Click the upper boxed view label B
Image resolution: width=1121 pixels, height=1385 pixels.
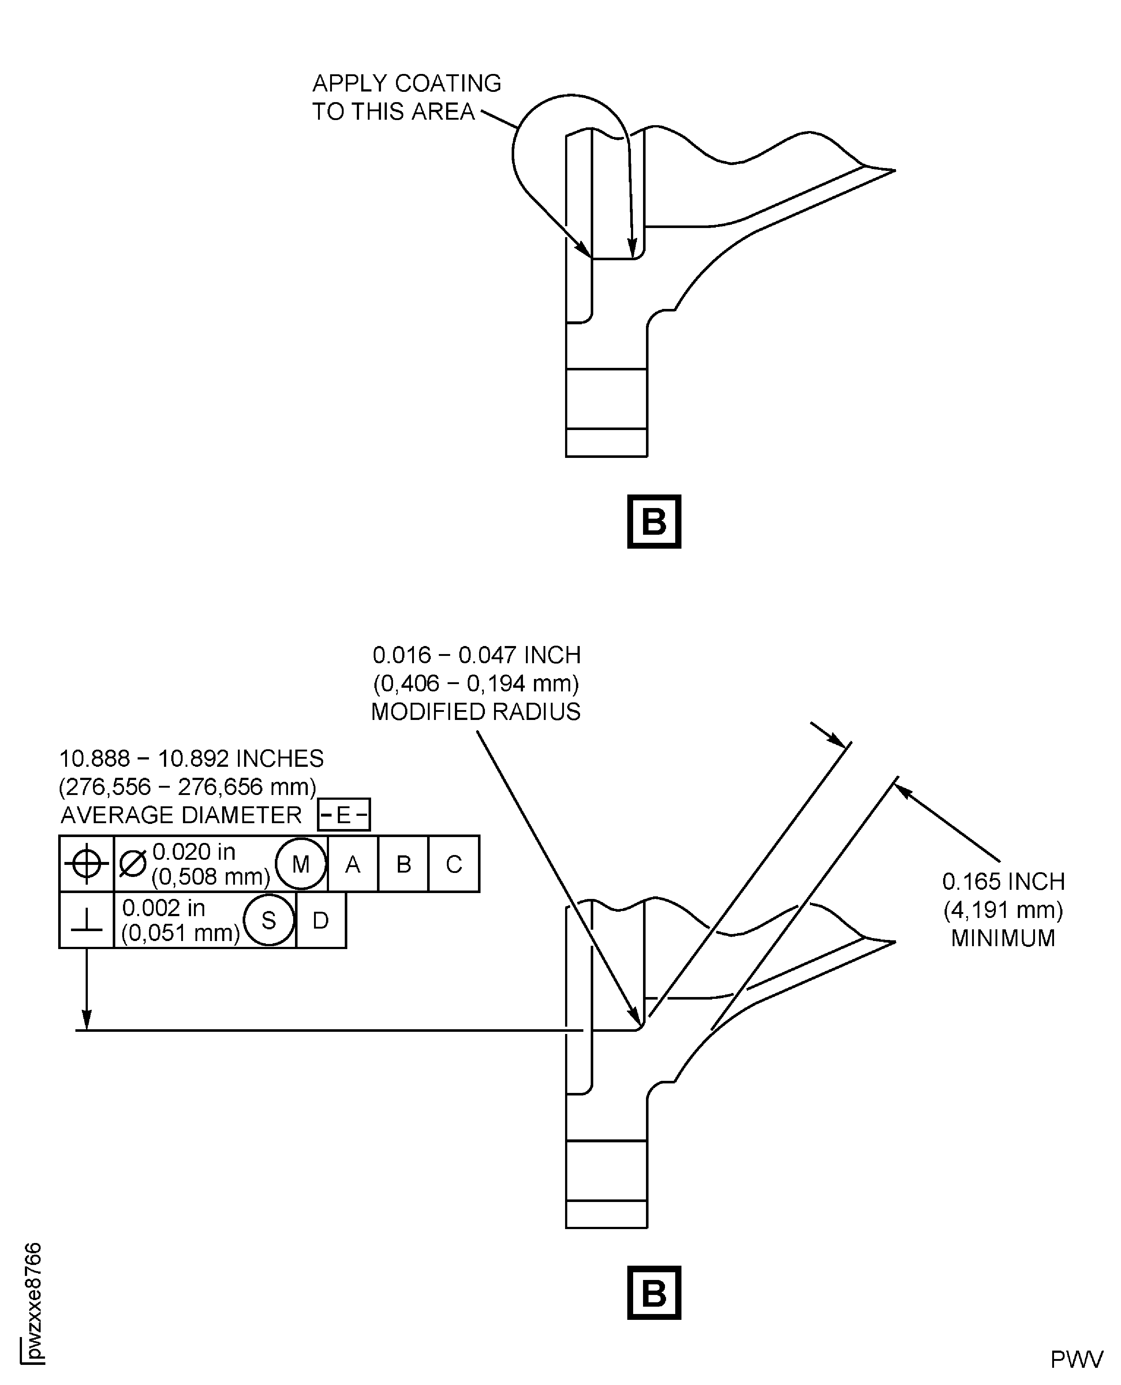(654, 521)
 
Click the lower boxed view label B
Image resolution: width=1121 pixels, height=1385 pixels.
(654, 1293)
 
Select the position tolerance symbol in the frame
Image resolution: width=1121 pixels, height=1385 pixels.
(86, 863)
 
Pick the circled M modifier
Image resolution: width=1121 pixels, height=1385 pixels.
(301, 864)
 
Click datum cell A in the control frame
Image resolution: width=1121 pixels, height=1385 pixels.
(352, 864)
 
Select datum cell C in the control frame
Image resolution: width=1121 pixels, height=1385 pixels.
(454, 864)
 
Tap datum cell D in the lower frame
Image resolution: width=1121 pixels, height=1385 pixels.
(321, 920)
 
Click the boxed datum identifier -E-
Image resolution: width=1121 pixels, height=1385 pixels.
(344, 814)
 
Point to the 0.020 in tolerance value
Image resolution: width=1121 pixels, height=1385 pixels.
(194, 852)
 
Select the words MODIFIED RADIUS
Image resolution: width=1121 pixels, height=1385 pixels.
(476, 712)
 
